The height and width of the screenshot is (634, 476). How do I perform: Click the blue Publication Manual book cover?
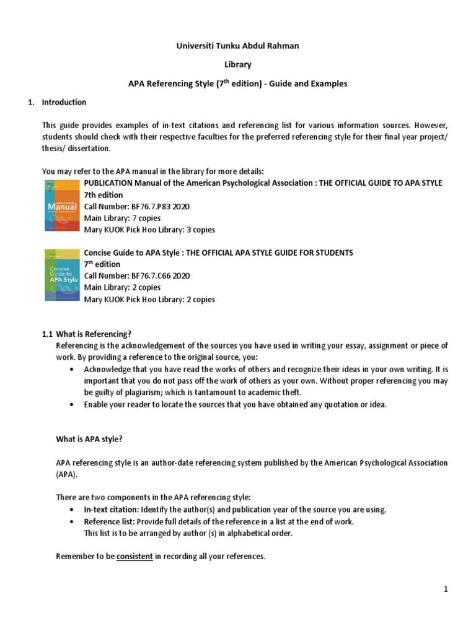pyautogui.click(x=62, y=206)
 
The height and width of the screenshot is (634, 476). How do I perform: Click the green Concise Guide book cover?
pyautogui.click(x=62, y=274)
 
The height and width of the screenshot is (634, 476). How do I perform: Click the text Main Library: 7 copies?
pyautogui.click(x=122, y=218)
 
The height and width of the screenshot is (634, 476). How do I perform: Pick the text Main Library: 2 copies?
pyautogui.click(x=122, y=287)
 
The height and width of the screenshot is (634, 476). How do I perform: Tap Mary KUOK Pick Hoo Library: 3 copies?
pyautogui.click(x=149, y=230)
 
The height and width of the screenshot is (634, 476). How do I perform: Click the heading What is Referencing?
pyautogui.click(x=94, y=334)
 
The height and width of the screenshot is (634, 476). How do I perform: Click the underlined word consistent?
pyautogui.click(x=134, y=557)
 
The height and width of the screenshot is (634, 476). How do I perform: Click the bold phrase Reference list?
pyautogui.click(x=109, y=521)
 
